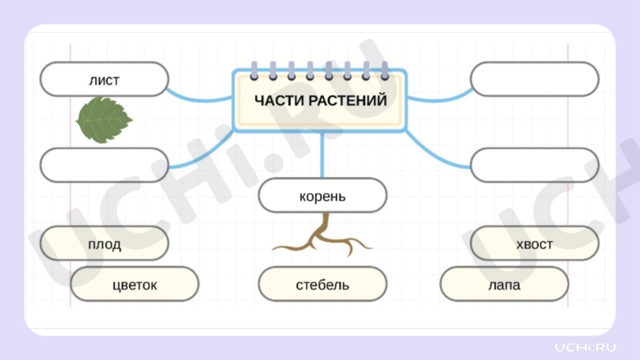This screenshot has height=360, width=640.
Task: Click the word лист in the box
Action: (104, 80)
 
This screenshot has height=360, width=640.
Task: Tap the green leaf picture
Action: (103, 120)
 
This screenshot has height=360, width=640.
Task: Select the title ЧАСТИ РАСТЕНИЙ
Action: (319, 100)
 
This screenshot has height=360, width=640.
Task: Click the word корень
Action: (322, 197)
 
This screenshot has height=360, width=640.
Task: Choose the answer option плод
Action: (104, 244)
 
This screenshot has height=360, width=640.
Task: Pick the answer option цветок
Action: (135, 285)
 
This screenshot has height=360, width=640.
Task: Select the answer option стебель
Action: (322, 285)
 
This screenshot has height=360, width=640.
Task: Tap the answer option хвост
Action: (534, 244)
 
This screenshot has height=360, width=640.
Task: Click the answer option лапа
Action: (504, 285)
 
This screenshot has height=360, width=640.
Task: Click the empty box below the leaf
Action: (104, 165)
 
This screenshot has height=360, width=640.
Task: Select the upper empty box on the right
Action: (534, 80)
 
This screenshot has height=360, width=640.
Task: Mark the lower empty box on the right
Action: (534, 165)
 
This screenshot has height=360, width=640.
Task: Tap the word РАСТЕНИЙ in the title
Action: (348, 100)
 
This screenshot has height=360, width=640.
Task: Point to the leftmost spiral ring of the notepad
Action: (253, 70)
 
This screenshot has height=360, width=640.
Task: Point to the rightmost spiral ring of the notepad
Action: (385, 70)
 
